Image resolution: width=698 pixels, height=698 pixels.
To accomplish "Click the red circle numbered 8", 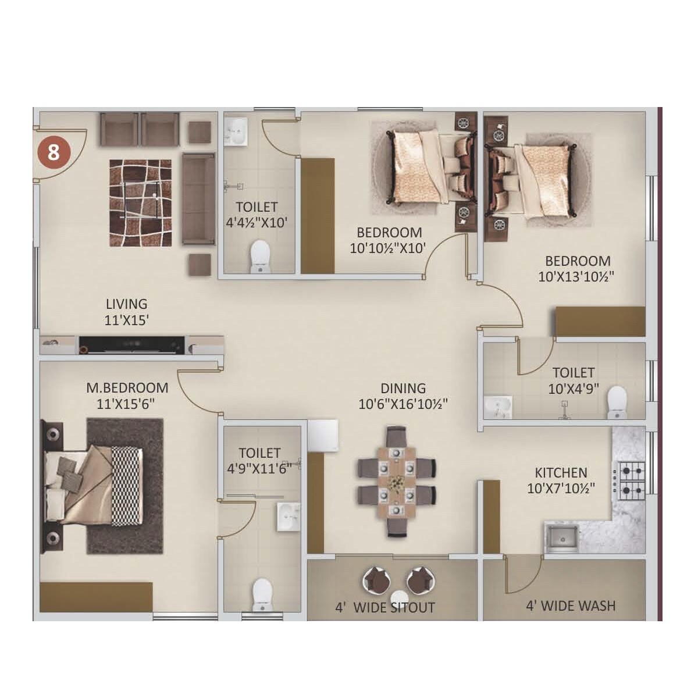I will (54, 153).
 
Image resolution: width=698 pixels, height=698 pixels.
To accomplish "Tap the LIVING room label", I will (126, 304).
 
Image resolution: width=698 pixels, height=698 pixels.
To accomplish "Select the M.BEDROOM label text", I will (127, 387).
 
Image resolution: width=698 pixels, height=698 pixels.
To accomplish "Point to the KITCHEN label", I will (561, 472).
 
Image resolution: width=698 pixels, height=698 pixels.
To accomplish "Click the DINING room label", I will (403, 388).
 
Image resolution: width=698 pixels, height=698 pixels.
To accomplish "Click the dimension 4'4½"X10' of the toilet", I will (257, 222).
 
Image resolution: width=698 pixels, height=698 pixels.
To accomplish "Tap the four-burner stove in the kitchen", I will (631, 479).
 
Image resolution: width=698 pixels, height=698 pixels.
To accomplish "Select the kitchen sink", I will (561, 537).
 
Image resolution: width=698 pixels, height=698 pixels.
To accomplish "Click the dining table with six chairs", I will (397, 482).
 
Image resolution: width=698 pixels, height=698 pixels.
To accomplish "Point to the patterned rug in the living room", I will (140, 202).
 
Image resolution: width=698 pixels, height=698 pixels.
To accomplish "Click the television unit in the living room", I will (132, 344).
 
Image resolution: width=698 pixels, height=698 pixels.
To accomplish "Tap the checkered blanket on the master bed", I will (127, 486).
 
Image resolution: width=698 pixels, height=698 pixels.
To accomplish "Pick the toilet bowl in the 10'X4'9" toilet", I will (617, 403).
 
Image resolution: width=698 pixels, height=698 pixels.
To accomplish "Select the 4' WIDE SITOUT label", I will (384, 608).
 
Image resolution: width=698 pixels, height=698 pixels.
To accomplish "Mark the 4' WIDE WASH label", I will (571, 606).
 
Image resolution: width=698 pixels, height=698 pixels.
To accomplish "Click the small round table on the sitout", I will (400, 599).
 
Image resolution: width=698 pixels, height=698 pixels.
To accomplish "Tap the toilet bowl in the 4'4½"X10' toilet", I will (259, 257).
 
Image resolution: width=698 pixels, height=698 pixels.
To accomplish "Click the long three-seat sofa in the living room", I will (198, 199).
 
